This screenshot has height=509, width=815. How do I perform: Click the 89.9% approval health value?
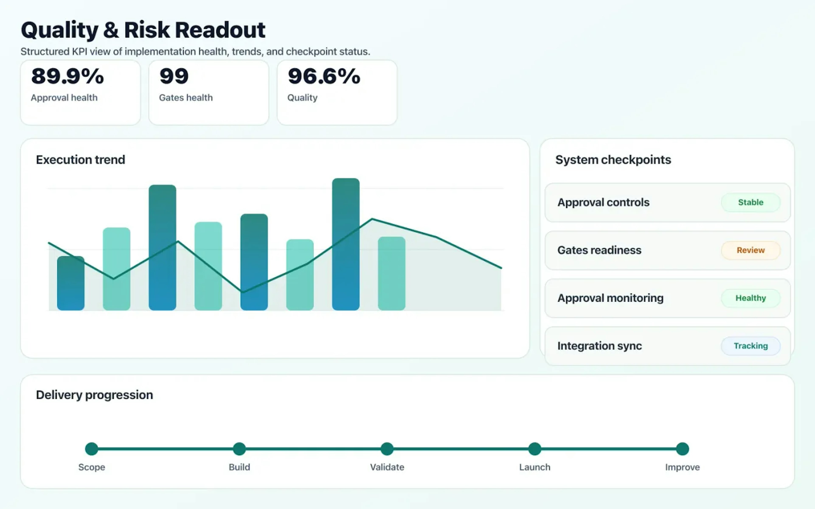(x=67, y=76)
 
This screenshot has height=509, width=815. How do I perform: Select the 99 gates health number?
(x=174, y=76)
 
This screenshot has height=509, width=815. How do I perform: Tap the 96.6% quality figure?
(x=324, y=76)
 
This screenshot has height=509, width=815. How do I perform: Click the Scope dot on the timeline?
(x=92, y=449)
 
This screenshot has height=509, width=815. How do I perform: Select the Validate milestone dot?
(x=387, y=449)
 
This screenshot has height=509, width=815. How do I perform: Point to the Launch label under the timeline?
(x=534, y=467)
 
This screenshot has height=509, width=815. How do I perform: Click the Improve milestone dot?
(x=682, y=449)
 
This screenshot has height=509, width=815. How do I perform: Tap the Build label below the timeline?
(x=239, y=467)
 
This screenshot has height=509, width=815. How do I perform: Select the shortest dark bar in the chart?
(x=71, y=283)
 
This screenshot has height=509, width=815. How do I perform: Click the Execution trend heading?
(x=80, y=159)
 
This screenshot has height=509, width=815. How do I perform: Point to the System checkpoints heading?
(x=613, y=159)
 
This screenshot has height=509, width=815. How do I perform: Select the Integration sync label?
(x=599, y=346)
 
